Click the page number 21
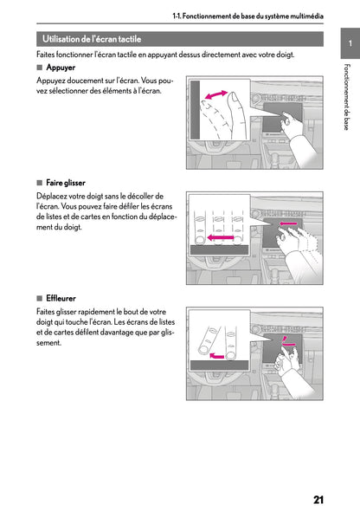point(318,500)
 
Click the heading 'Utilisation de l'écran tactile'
point(92,39)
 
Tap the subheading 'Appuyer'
point(61,68)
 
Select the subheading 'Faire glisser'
point(66,183)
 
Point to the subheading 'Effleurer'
point(61,298)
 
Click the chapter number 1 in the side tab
point(350,43)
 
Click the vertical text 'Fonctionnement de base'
point(347,97)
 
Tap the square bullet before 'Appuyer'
point(40,68)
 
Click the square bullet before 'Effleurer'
point(40,298)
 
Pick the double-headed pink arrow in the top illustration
point(216,94)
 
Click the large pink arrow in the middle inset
point(221,237)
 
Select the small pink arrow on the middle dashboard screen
point(288,223)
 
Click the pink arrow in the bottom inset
point(216,356)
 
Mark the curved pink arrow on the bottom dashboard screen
point(287,343)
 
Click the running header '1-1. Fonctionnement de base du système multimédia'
point(248,16)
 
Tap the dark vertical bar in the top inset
point(195,110)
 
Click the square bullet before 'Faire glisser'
point(40,183)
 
